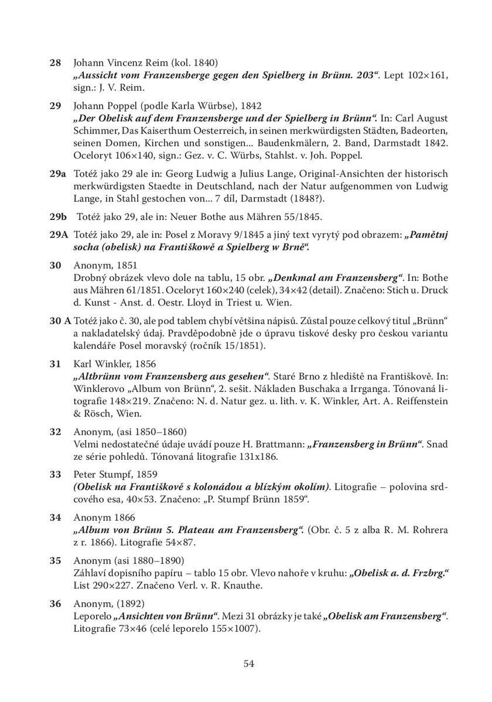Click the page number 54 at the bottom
pyautogui.click(x=248, y=663)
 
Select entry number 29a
pyautogui.click(x=57, y=174)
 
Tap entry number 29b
pyautogui.click(x=58, y=216)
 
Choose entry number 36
pyautogui.click(x=55, y=603)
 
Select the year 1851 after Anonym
pyautogui.click(x=128, y=265)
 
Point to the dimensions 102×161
pyautogui.click(x=428, y=75)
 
